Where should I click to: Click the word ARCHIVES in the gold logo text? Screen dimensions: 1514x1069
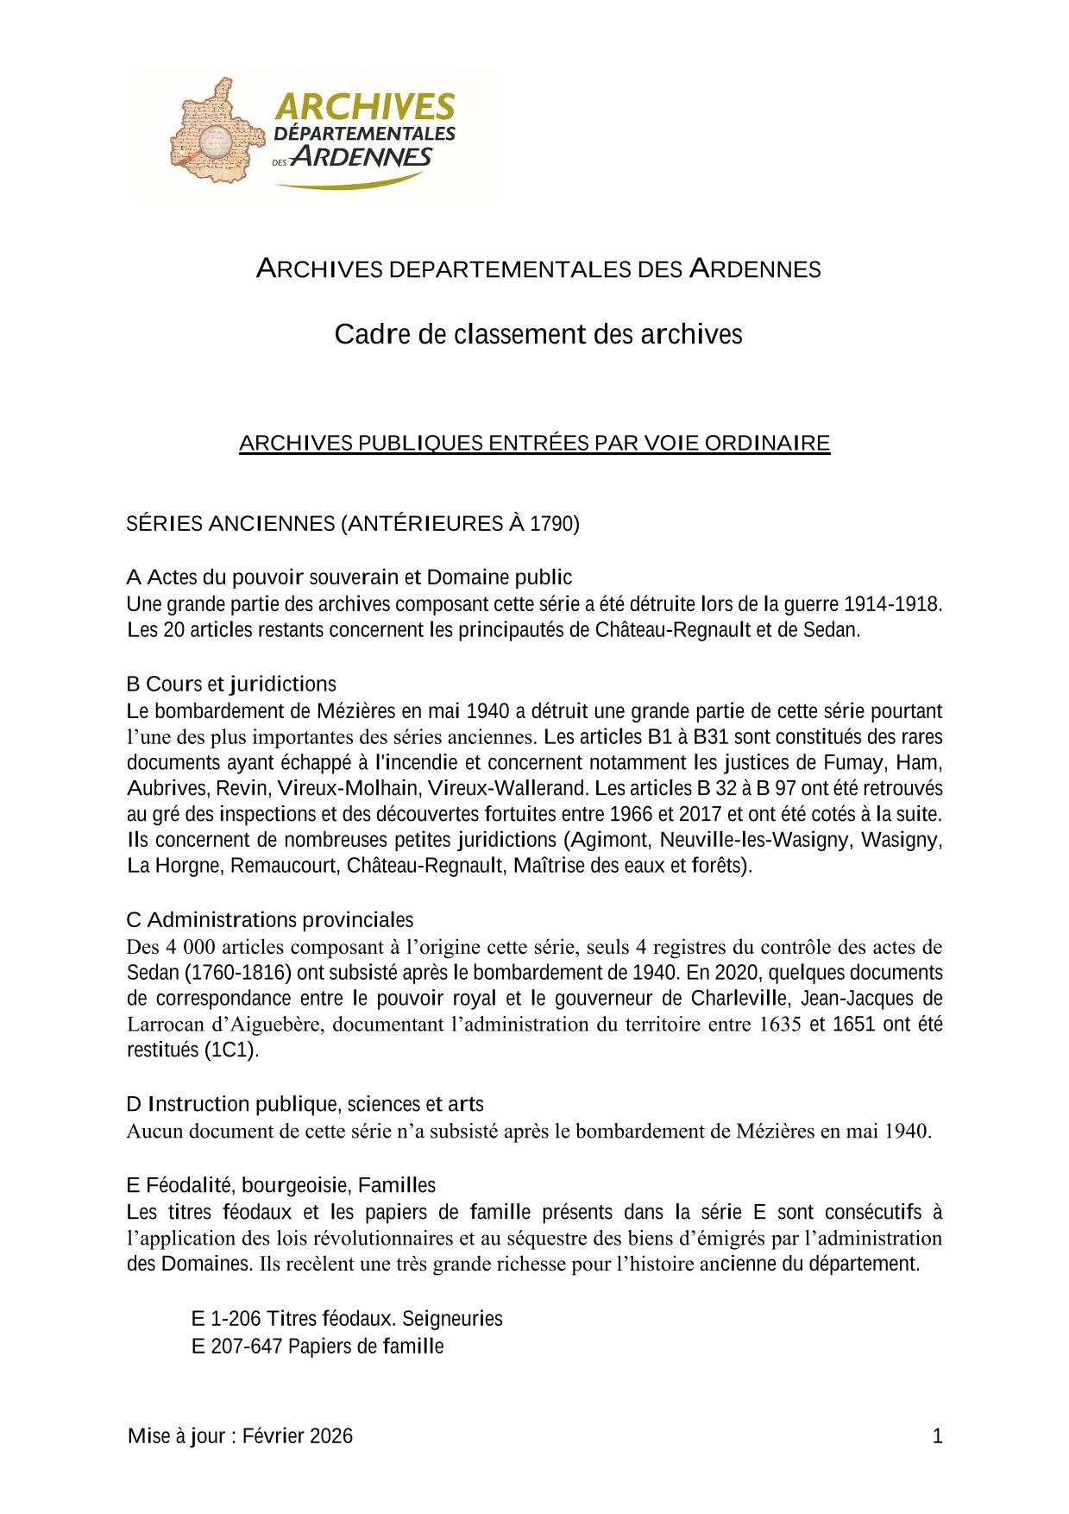click(x=364, y=106)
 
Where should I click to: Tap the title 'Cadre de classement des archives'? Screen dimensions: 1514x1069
click(x=538, y=334)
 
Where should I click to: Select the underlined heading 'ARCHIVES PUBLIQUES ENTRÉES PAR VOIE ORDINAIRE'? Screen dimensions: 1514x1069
click(x=534, y=443)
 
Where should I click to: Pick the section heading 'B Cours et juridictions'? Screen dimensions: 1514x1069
click(x=231, y=684)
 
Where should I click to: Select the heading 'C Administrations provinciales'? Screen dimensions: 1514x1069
click(x=270, y=919)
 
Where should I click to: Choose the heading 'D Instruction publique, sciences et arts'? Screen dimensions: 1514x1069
click(x=305, y=1104)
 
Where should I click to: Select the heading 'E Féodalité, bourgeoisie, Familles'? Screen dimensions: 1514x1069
click(x=280, y=1185)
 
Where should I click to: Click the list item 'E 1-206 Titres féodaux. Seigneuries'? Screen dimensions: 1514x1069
click(x=346, y=1318)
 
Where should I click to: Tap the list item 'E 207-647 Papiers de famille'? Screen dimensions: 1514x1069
click(x=317, y=1346)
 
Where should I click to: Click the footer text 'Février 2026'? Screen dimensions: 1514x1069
click(x=297, y=1435)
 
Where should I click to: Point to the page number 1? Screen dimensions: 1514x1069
click(x=937, y=1436)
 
